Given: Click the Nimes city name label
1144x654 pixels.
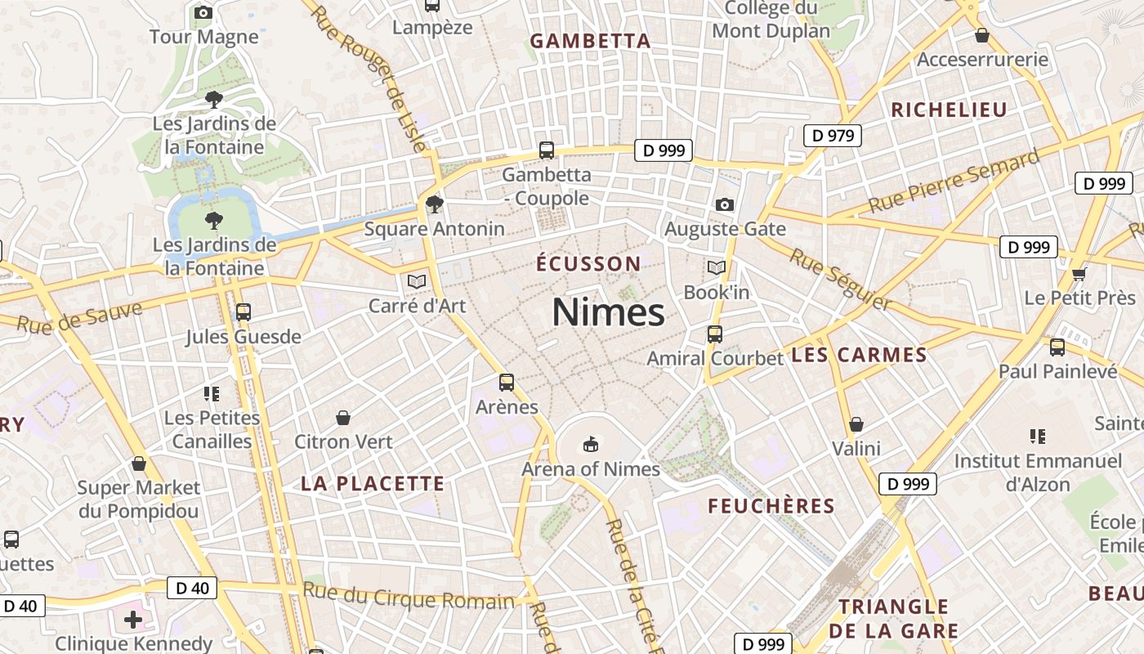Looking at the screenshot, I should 608,312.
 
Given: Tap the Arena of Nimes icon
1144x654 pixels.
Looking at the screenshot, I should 589,445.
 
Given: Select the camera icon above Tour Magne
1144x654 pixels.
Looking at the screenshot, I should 203,12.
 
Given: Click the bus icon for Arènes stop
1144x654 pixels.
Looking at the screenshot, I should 507,383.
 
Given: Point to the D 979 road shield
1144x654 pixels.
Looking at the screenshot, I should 833,136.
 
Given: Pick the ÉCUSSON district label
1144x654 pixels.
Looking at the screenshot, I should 588,264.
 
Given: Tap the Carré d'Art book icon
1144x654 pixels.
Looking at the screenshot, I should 417,282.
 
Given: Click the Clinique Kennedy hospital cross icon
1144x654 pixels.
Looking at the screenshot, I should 133,620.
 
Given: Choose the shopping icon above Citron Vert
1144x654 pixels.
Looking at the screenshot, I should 343,418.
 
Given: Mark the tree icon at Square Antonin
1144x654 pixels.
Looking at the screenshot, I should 435,204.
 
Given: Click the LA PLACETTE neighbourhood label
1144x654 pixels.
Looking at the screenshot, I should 373,483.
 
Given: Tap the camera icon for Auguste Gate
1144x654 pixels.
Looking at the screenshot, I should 724,204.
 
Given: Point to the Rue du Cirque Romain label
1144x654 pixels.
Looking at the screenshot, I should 409,596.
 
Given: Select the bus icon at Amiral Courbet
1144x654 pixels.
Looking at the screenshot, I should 715,334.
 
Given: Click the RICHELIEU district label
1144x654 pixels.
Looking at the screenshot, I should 949,110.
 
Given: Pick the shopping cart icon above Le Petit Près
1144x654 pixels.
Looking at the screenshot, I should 1079,274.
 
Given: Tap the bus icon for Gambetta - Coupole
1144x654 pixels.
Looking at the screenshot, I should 547,150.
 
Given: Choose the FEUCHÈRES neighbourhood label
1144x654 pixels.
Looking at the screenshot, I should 771,506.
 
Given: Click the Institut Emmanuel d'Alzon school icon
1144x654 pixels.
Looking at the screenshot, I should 1038,437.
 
